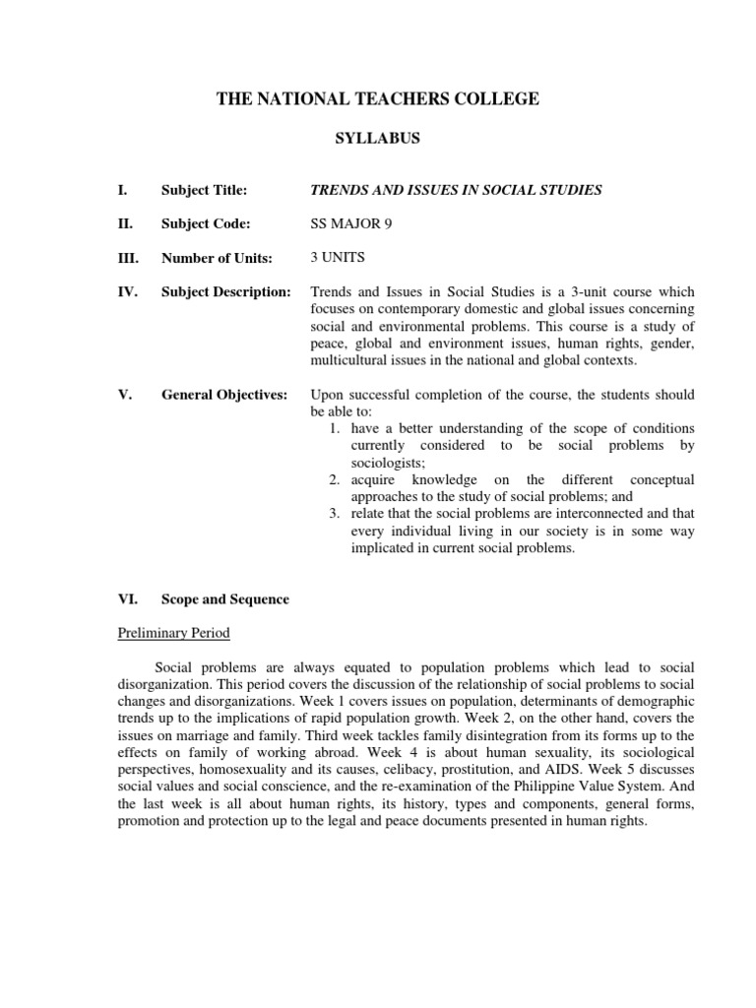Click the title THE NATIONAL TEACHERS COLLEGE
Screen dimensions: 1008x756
[x=378, y=98]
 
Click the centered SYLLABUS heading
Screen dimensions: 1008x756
[x=378, y=139]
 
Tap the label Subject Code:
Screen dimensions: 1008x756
[x=205, y=223]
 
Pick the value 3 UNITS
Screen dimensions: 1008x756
[x=338, y=258]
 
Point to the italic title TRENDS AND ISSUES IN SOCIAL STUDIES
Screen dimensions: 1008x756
[x=456, y=189]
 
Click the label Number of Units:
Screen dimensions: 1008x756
[x=217, y=259]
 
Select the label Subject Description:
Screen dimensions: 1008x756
[x=226, y=292]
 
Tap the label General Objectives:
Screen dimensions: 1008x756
[x=224, y=395]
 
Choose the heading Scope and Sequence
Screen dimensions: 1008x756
[x=225, y=599]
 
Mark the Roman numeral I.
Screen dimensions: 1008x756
[x=121, y=189]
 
